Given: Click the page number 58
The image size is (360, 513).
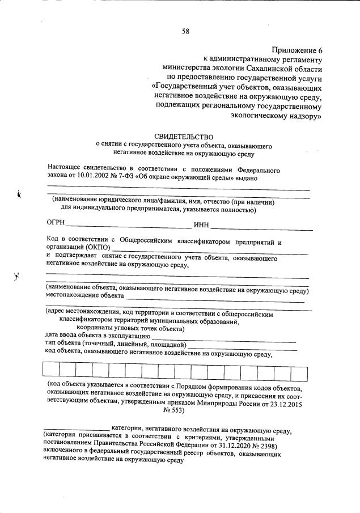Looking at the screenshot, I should pyautogui.click(x=185, y=31).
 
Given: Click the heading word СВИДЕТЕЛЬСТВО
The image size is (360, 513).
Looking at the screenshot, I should pyautogui.click(x=184, y=137).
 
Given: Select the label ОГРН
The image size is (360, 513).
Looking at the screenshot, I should pyautogui.click(x=56, y=224).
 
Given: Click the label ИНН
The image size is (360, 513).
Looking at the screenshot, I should pyautogui.click(x=201, y=227).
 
